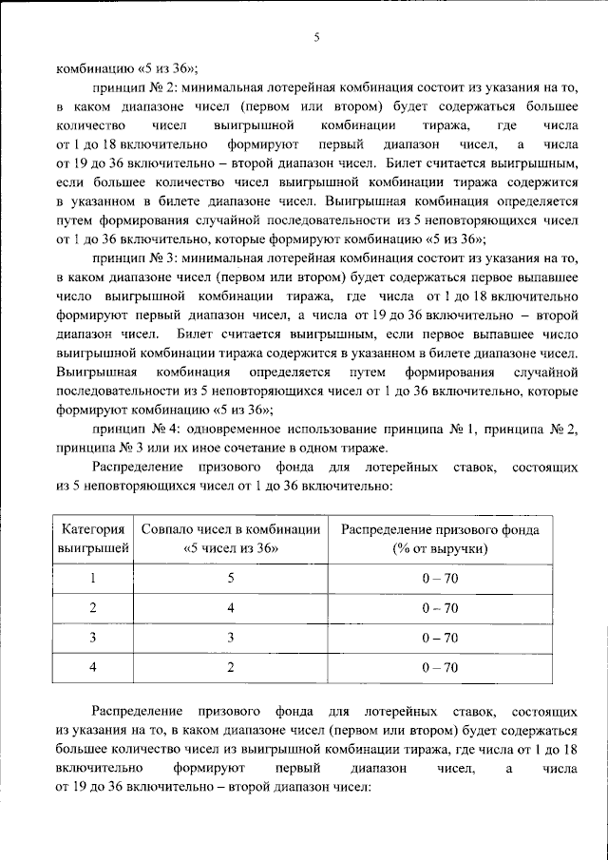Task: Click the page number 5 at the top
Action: (316, 37)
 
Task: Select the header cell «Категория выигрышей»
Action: (94, 539)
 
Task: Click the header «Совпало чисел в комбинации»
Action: (230, 528)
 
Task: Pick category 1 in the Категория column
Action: (93, 577)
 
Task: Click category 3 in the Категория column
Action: (93, 638)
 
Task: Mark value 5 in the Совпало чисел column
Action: (230, 577)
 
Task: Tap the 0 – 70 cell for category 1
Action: (439, 577)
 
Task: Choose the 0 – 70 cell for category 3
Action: (439, 638)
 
